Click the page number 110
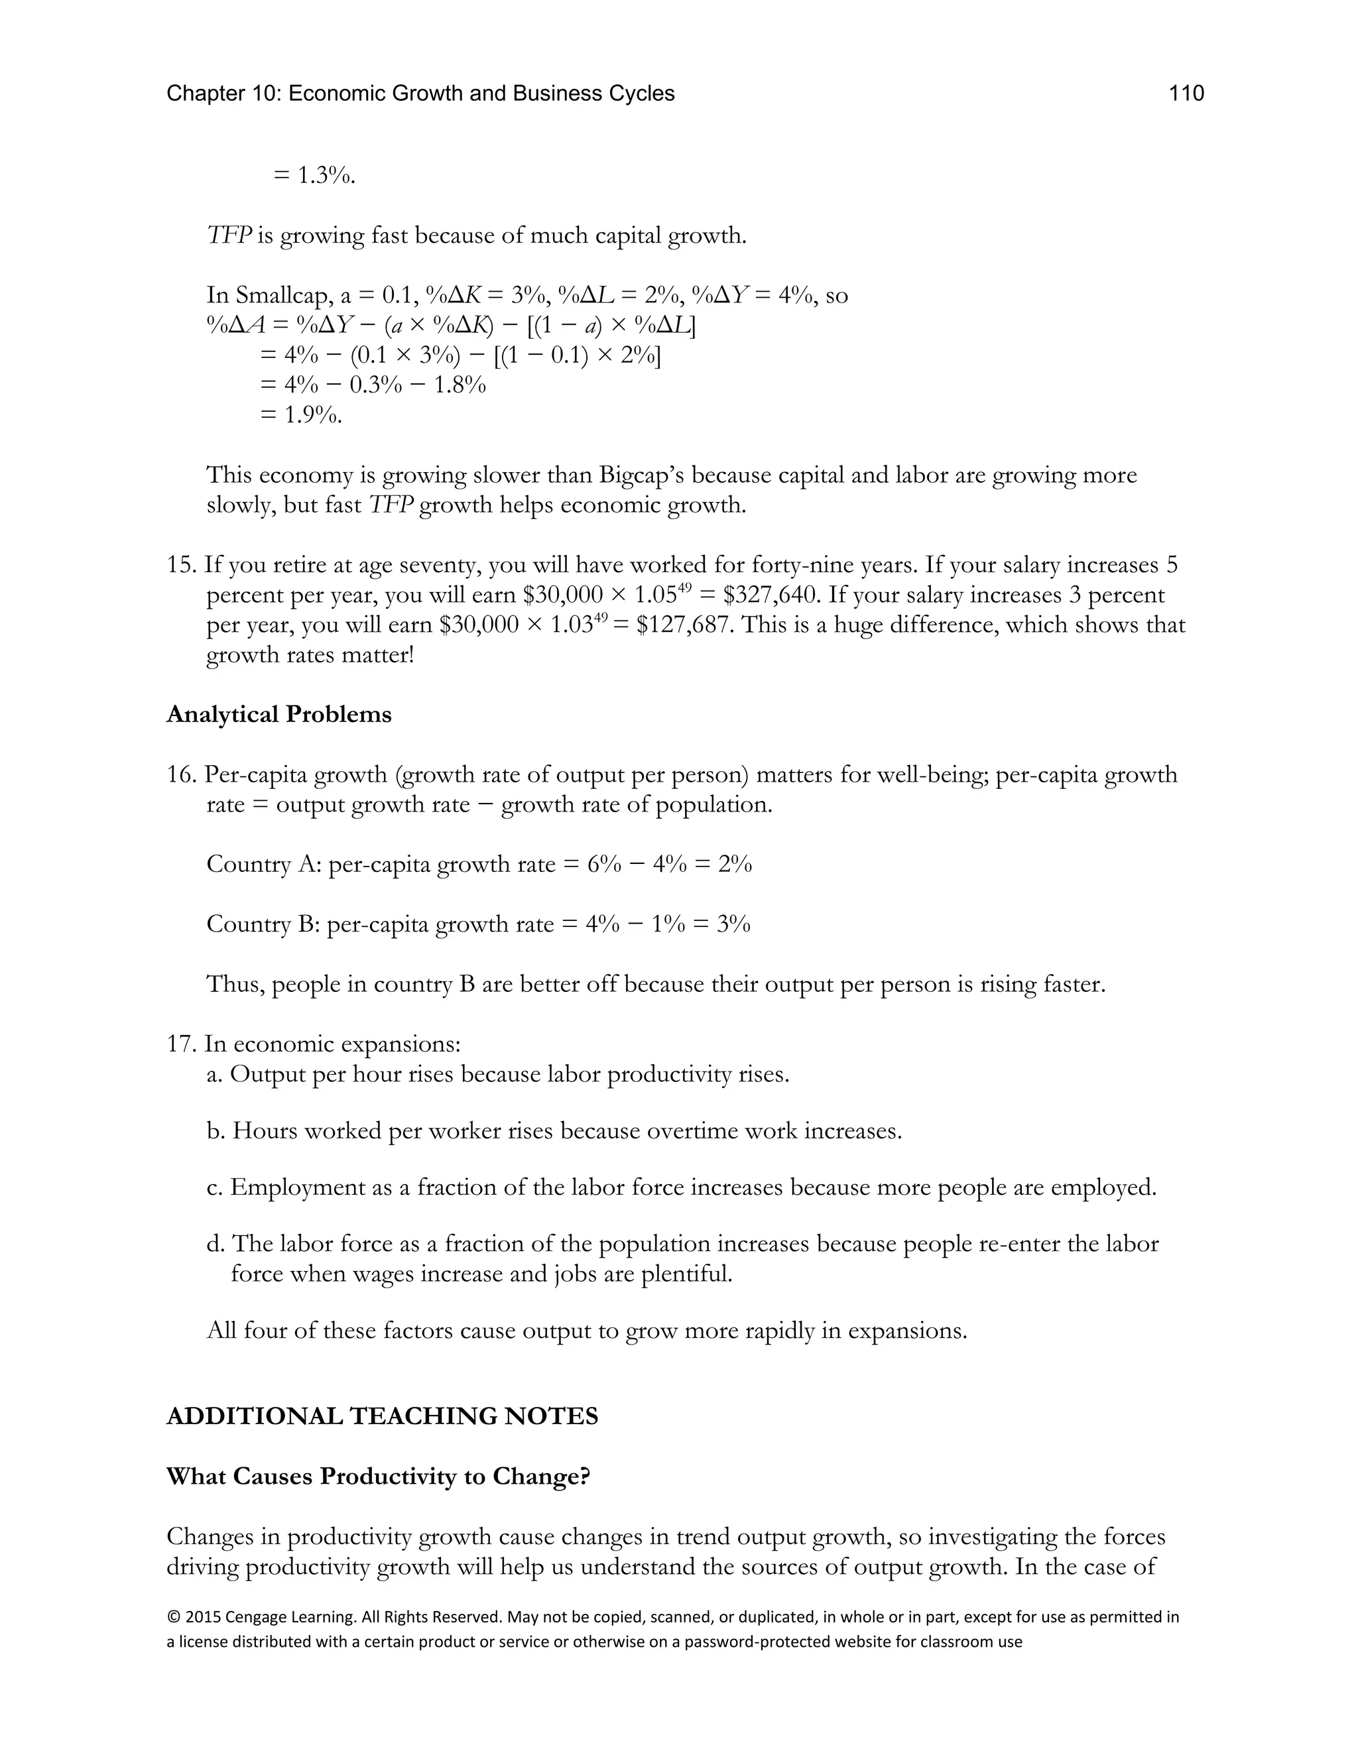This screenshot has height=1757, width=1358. coord(1186,94)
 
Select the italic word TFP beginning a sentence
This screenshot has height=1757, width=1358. coord(229,236)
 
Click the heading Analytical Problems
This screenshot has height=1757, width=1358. coord(278,714)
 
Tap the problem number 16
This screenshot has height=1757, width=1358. coord(181,774)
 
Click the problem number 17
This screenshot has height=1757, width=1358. coord(181,1044)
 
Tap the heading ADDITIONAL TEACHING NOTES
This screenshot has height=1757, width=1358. coord(382,1417)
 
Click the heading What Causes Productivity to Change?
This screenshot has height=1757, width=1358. coord(378,1477)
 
